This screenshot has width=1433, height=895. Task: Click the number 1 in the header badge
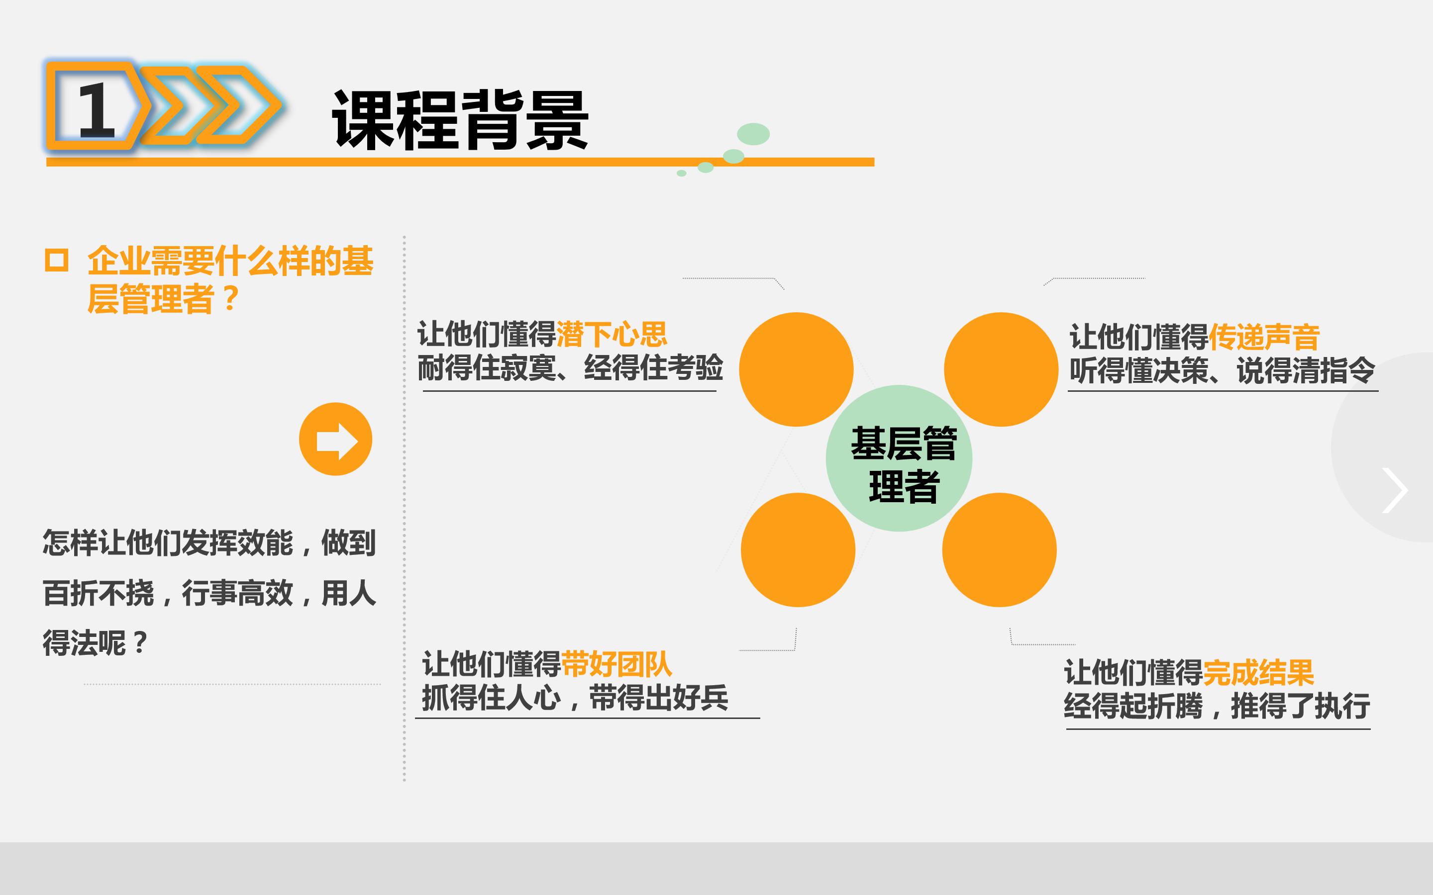96,110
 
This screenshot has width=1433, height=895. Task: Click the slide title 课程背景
461,120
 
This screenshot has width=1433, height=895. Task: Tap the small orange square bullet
57,261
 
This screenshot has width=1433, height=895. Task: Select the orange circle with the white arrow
336,439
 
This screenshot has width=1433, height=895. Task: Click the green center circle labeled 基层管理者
899,458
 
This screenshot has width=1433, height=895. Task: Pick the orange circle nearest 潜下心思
797,369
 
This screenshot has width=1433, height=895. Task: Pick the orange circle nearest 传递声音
1001,369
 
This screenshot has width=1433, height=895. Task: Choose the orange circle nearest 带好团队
798,550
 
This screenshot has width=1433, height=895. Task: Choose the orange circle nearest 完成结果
1000,550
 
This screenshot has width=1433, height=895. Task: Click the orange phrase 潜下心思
612,335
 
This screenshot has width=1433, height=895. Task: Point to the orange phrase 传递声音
1264,338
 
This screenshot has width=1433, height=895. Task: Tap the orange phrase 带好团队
616,664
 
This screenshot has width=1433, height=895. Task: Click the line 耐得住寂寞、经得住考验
570,367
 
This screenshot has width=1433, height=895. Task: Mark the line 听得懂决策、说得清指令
1222,370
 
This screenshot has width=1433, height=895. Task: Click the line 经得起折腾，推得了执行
1217,706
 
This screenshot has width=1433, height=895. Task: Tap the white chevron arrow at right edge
1395,490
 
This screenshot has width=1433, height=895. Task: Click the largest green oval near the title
753,134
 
